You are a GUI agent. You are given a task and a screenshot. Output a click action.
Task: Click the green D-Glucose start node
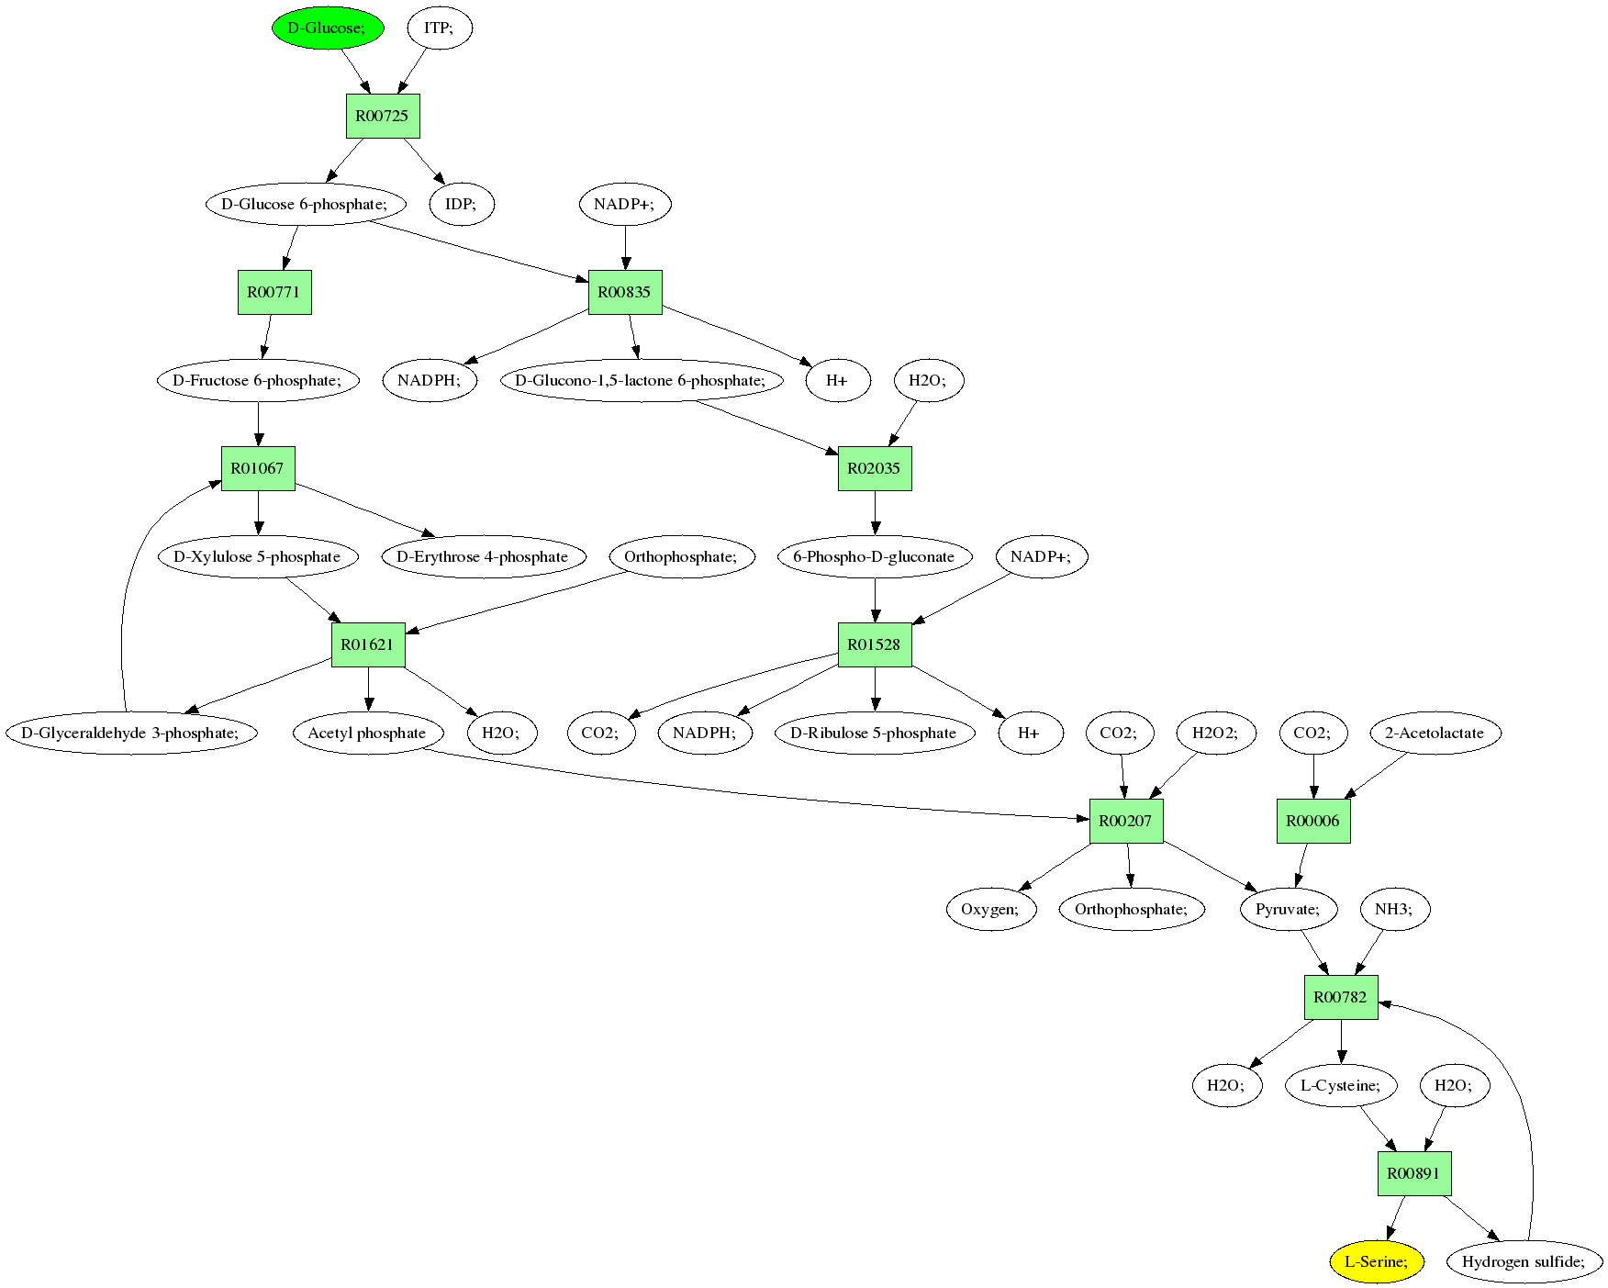tap(327, 28)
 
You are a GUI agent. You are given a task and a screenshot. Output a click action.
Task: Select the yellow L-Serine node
tap(1376, 1261)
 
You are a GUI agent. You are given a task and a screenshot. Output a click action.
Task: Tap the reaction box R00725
tap(383, 116)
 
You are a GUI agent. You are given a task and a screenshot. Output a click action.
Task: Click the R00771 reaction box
tap(274, 292)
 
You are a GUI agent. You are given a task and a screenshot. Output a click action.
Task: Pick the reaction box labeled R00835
tap(624, 292)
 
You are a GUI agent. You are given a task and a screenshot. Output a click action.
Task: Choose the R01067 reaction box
tap(257, 468)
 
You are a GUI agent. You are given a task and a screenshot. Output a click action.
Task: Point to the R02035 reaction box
tap(874, 468)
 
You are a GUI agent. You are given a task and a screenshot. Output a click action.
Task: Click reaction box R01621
tap(367, 644)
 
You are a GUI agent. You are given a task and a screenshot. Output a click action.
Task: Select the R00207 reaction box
tap(1125, 821)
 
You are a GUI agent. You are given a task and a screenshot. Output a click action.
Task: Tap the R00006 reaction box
tap(1312, 821)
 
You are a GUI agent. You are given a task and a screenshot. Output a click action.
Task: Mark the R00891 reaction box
tap(1413, 1173)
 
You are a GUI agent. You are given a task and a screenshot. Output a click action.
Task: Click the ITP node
tap(438, 28)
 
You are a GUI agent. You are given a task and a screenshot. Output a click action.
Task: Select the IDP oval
tap(461, 204)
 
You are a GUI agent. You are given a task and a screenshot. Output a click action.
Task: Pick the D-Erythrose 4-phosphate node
tap(483, 556)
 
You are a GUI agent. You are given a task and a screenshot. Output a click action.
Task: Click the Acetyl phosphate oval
tap(367, 733)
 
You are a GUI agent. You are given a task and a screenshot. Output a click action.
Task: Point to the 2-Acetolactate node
tap(1435, 733)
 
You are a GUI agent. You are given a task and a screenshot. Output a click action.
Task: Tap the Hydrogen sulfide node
tap(1524, 1261)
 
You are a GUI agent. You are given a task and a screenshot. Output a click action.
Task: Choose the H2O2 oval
tap(1215, 733)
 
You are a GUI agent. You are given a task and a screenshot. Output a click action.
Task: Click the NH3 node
tap(1393, 909)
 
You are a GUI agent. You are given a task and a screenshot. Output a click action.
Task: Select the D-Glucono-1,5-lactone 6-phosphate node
tap(641, 380)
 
